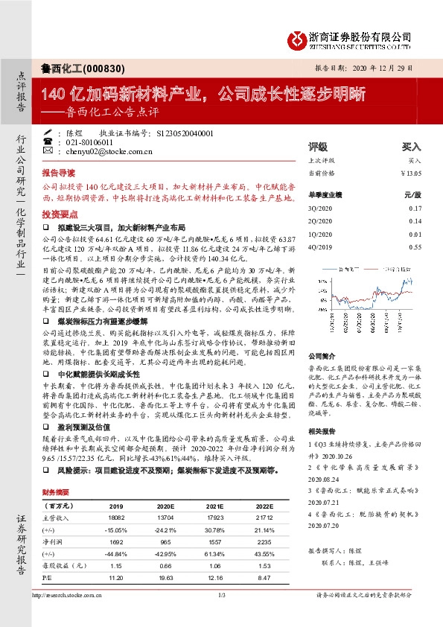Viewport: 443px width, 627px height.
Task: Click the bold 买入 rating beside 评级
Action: pyautogui.click(x=411, y=147)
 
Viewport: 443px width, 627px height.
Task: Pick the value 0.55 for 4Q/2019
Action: pyautogui.click(x=415, y=246)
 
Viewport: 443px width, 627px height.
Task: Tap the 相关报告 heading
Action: pyautogui.click(x=322, y=431)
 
